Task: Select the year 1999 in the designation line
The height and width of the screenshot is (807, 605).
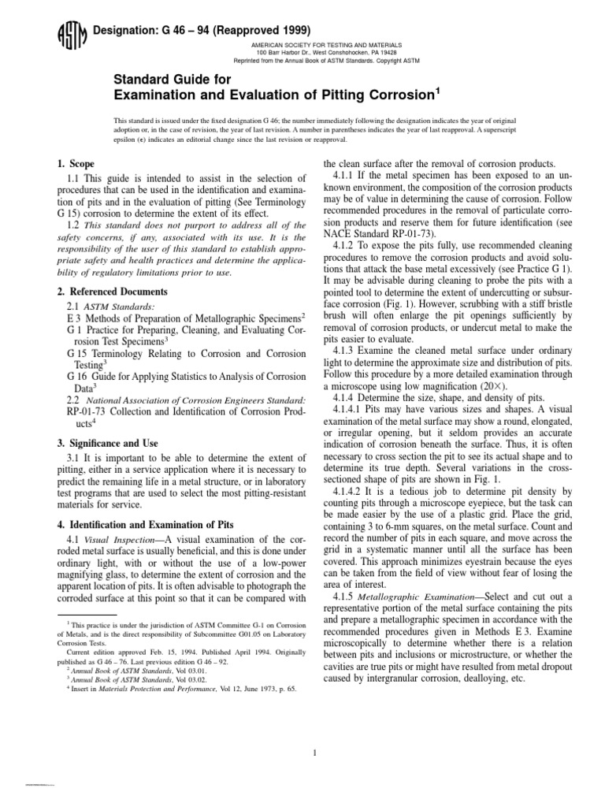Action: point(265,29)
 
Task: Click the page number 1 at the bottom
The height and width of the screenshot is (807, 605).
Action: point(314,731)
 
